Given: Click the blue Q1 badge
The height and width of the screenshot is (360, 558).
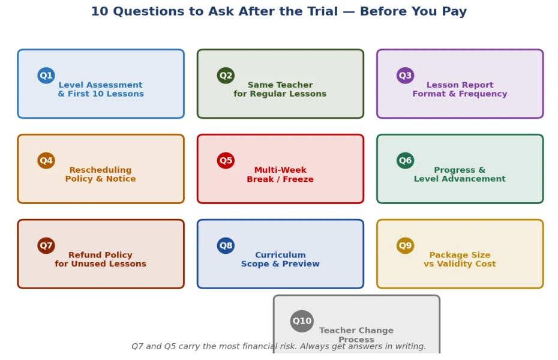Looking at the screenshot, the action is click(x=46, y=76).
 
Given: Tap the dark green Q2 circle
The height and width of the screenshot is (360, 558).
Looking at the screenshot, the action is click(x=226, y=76).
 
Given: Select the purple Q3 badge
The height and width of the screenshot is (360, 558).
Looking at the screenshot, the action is click(x=406, y=76).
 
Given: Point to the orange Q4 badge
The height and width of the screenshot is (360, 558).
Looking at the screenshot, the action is click(x=46, y=160).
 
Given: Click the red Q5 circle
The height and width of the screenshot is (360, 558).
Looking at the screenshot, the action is click(x=226, y=160).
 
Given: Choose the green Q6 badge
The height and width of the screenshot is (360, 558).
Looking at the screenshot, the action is click(x=406, y=160).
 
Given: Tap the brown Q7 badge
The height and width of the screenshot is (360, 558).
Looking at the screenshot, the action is click(x=46, y=245).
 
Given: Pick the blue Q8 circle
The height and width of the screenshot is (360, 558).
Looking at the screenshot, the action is click(x=226, y=245).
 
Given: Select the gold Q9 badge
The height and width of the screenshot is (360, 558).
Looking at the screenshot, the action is click(x=406, y=245).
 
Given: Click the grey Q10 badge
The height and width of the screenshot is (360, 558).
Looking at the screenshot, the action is click(x=302, y=321).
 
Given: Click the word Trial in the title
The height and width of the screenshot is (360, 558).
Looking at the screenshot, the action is click(x=320, y=11).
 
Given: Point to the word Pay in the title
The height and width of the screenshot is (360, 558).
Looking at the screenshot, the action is click(x=454, y=12).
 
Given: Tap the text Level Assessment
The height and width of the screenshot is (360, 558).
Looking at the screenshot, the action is click(x=101, y=85).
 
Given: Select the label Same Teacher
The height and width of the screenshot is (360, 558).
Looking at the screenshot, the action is click(x=280, y=85).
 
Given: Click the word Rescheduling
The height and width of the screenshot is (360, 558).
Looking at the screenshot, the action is click(x=100, y=170).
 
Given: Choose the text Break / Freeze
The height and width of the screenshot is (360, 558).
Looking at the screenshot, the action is click(x=280, y=179).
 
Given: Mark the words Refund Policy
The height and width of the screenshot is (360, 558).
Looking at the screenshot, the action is click(x=100, y=255).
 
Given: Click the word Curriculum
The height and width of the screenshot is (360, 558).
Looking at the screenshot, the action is click(x=280, y=255).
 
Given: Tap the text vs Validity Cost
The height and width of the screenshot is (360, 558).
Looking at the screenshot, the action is click(x=460, y=264).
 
